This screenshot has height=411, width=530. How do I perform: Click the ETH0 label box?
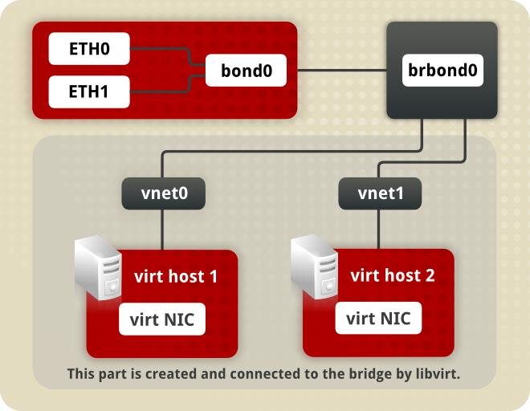click(89, 50)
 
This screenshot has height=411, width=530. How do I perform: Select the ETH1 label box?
click(89, 92)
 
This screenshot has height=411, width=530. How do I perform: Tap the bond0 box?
click(247, 71)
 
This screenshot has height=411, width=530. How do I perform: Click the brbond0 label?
click(442, 71)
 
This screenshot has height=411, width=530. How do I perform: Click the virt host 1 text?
click(176, 277)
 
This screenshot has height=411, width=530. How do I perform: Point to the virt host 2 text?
click(393, 275)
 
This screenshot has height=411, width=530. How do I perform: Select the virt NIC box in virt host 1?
click(162, 319)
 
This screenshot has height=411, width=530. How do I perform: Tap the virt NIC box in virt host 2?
click(378, 318)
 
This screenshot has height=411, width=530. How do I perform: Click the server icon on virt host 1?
click(98, 268)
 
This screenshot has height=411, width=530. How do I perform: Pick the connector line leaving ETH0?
click(161, 50)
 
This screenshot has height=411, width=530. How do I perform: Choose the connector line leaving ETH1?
click(161, 92)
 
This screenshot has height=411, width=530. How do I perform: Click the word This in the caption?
click(81, 374)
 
